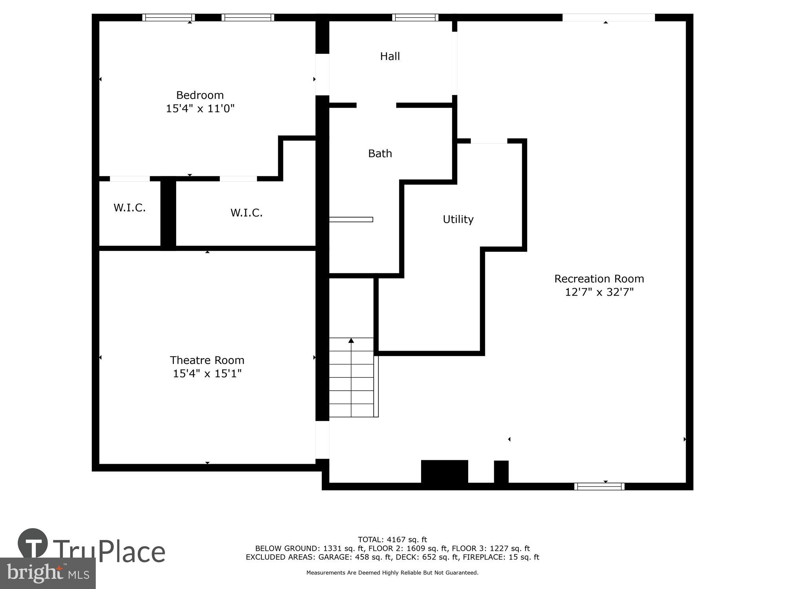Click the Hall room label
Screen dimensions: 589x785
(390, 56)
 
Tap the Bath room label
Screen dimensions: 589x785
(380, 154)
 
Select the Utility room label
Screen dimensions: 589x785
(458, 219)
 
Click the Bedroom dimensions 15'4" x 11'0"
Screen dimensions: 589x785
(200, 108)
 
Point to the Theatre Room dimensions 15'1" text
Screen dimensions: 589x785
(227, 373)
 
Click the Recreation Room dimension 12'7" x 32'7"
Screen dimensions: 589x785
(599, 292)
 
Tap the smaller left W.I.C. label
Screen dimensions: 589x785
(130, 208)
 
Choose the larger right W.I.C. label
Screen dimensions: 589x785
(246, 213)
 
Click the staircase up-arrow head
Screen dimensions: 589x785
(351, 340)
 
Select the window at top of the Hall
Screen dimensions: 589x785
(415, 17)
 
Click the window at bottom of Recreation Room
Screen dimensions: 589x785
(599, 487)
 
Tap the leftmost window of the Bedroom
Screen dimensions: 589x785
(168, 17)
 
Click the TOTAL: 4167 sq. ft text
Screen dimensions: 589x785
(392, 540)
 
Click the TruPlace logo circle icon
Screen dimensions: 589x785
(33, 543)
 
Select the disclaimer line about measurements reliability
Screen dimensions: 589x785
(392, 573)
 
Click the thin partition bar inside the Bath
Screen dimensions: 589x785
(351, 220)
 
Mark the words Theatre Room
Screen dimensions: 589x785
(207, 360)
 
